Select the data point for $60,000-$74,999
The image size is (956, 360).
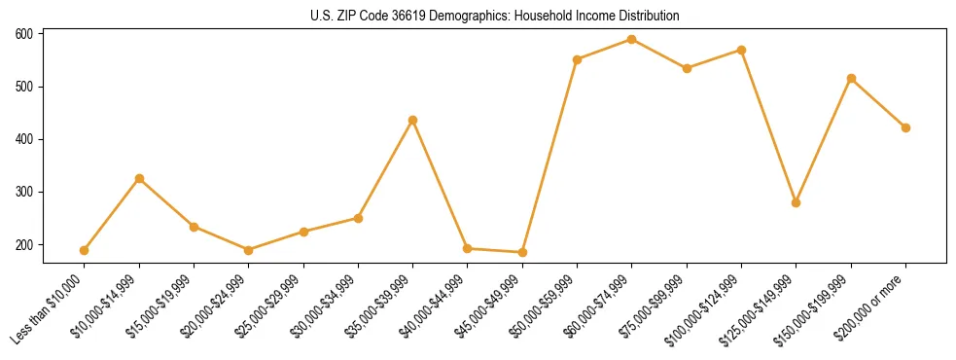coord(632,40)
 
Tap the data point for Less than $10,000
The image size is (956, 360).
coord(85,250)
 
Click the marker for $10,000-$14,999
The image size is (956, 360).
coord(139,179)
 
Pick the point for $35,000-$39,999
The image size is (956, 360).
coord(412,121)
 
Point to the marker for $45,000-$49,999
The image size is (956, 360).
coord(522,253)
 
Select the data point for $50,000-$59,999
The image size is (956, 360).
coord(577,59)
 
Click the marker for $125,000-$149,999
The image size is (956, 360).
coord(796,202)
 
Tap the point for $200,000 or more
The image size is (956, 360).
coord(905,127)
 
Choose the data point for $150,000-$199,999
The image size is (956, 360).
coord(851,78)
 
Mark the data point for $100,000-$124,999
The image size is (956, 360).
coord(741,50)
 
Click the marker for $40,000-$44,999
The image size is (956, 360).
coord(468,249)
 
